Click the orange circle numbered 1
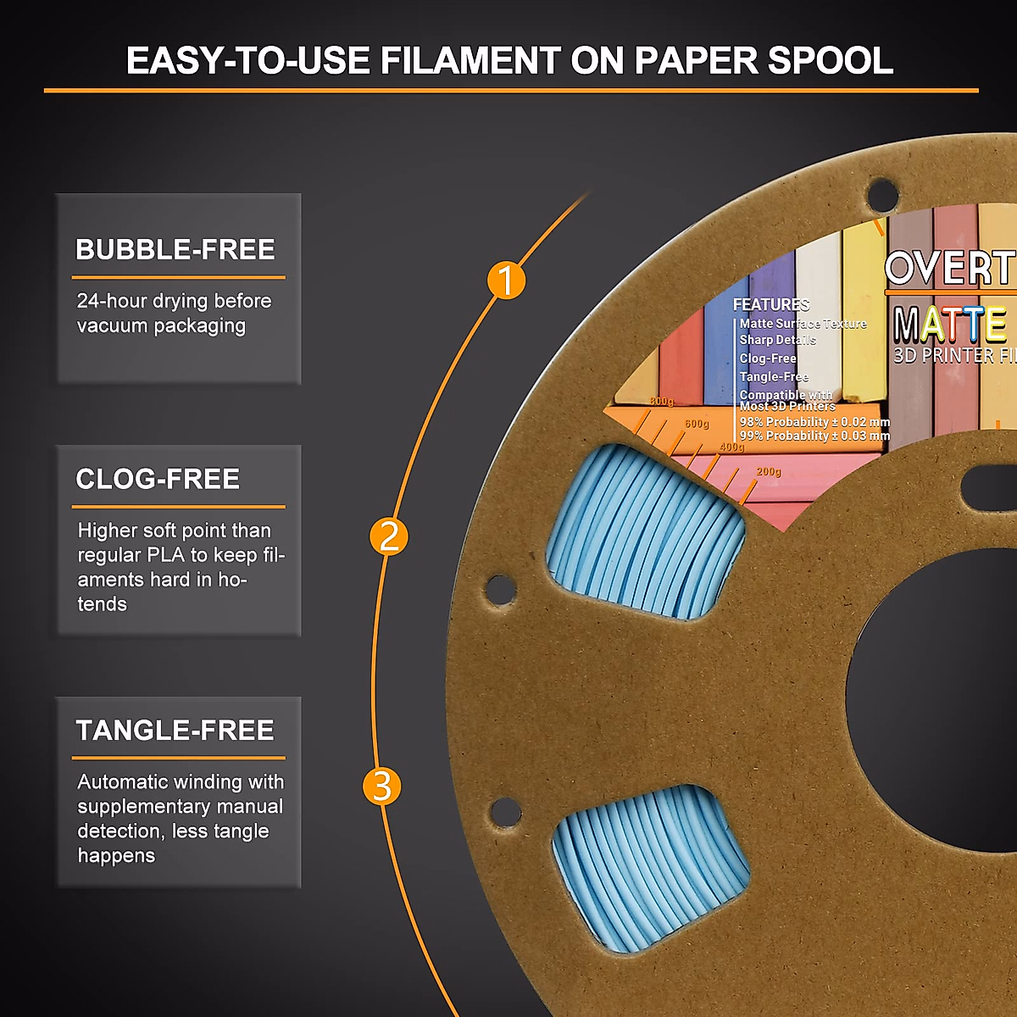tap(506, 281)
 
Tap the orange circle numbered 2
tap(389, 536)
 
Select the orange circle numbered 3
tap(382, 786)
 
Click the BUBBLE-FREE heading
tap(175, 249)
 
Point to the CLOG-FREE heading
tap(158, 479)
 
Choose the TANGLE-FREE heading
tap(175, 730)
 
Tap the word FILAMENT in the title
tap(470, 61)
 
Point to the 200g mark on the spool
tap(769, 472)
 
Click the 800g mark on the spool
tap(662, 402)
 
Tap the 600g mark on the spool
tap(697, 424)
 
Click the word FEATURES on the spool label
tap(771, 304)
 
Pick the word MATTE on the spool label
tap(950, 325)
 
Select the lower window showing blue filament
tap(651, 869)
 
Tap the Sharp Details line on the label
tap(777, 340)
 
